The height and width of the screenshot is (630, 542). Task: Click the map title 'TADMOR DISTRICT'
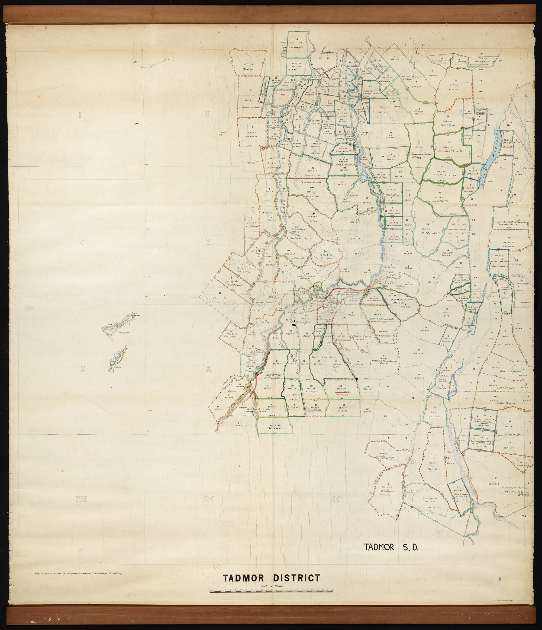coord(271,578)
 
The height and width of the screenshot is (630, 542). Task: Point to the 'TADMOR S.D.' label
coord(391,547)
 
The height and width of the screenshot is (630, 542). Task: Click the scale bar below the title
coord(271,591)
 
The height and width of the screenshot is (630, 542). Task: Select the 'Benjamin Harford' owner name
coord(249,107)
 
